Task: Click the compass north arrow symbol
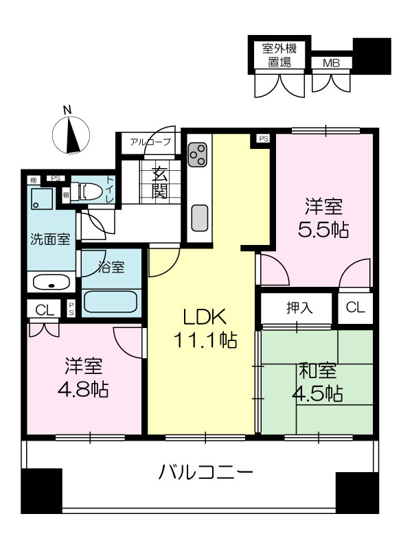[x=71, y=135]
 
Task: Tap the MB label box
[x=332, y=63]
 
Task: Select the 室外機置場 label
[x=279, y=56]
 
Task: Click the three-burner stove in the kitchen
[x=198, y=154]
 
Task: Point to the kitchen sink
[x=200, y=218]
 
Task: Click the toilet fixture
[x=91, y=191]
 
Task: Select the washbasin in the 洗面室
[x=51, y=283]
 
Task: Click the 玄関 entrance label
[x=159, y=183]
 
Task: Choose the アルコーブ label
[x=150, y=142]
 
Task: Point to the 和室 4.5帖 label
[x=317, y=382]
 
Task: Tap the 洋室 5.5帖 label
[x=323, y=218]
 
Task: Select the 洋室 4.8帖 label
[x=83, y=377]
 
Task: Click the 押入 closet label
[x=299, y=307]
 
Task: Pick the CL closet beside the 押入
[x=355, y=307]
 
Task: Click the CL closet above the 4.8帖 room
[x=45, y=310]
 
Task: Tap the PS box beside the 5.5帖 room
[x=264, y=139]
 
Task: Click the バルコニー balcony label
[x=205, y=473]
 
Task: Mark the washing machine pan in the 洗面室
[x=42, y=198]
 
